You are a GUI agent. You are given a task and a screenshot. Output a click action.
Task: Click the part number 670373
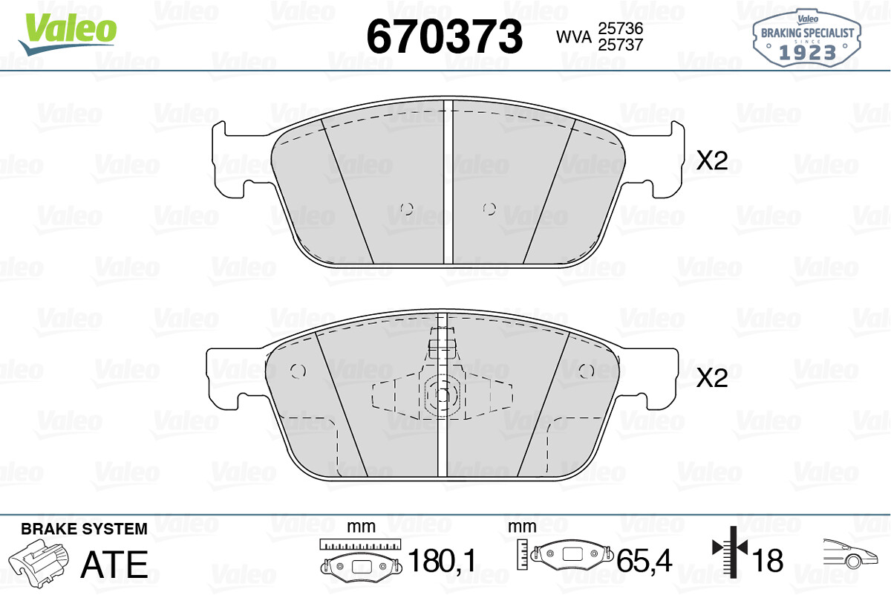pos(445,36)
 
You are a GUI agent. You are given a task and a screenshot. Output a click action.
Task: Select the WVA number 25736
pos(621,28)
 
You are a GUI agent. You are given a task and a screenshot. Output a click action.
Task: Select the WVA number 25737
pos(621,45)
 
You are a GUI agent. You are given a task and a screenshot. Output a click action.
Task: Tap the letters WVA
pos(574,37)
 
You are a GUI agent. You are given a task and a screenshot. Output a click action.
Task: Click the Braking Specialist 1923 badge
pos(806,38)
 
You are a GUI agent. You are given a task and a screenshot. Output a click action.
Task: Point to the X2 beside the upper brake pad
pos(712,160)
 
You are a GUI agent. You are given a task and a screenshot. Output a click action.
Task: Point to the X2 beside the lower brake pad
pos(712,377)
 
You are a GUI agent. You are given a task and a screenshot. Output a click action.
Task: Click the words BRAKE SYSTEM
pos(84,529)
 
